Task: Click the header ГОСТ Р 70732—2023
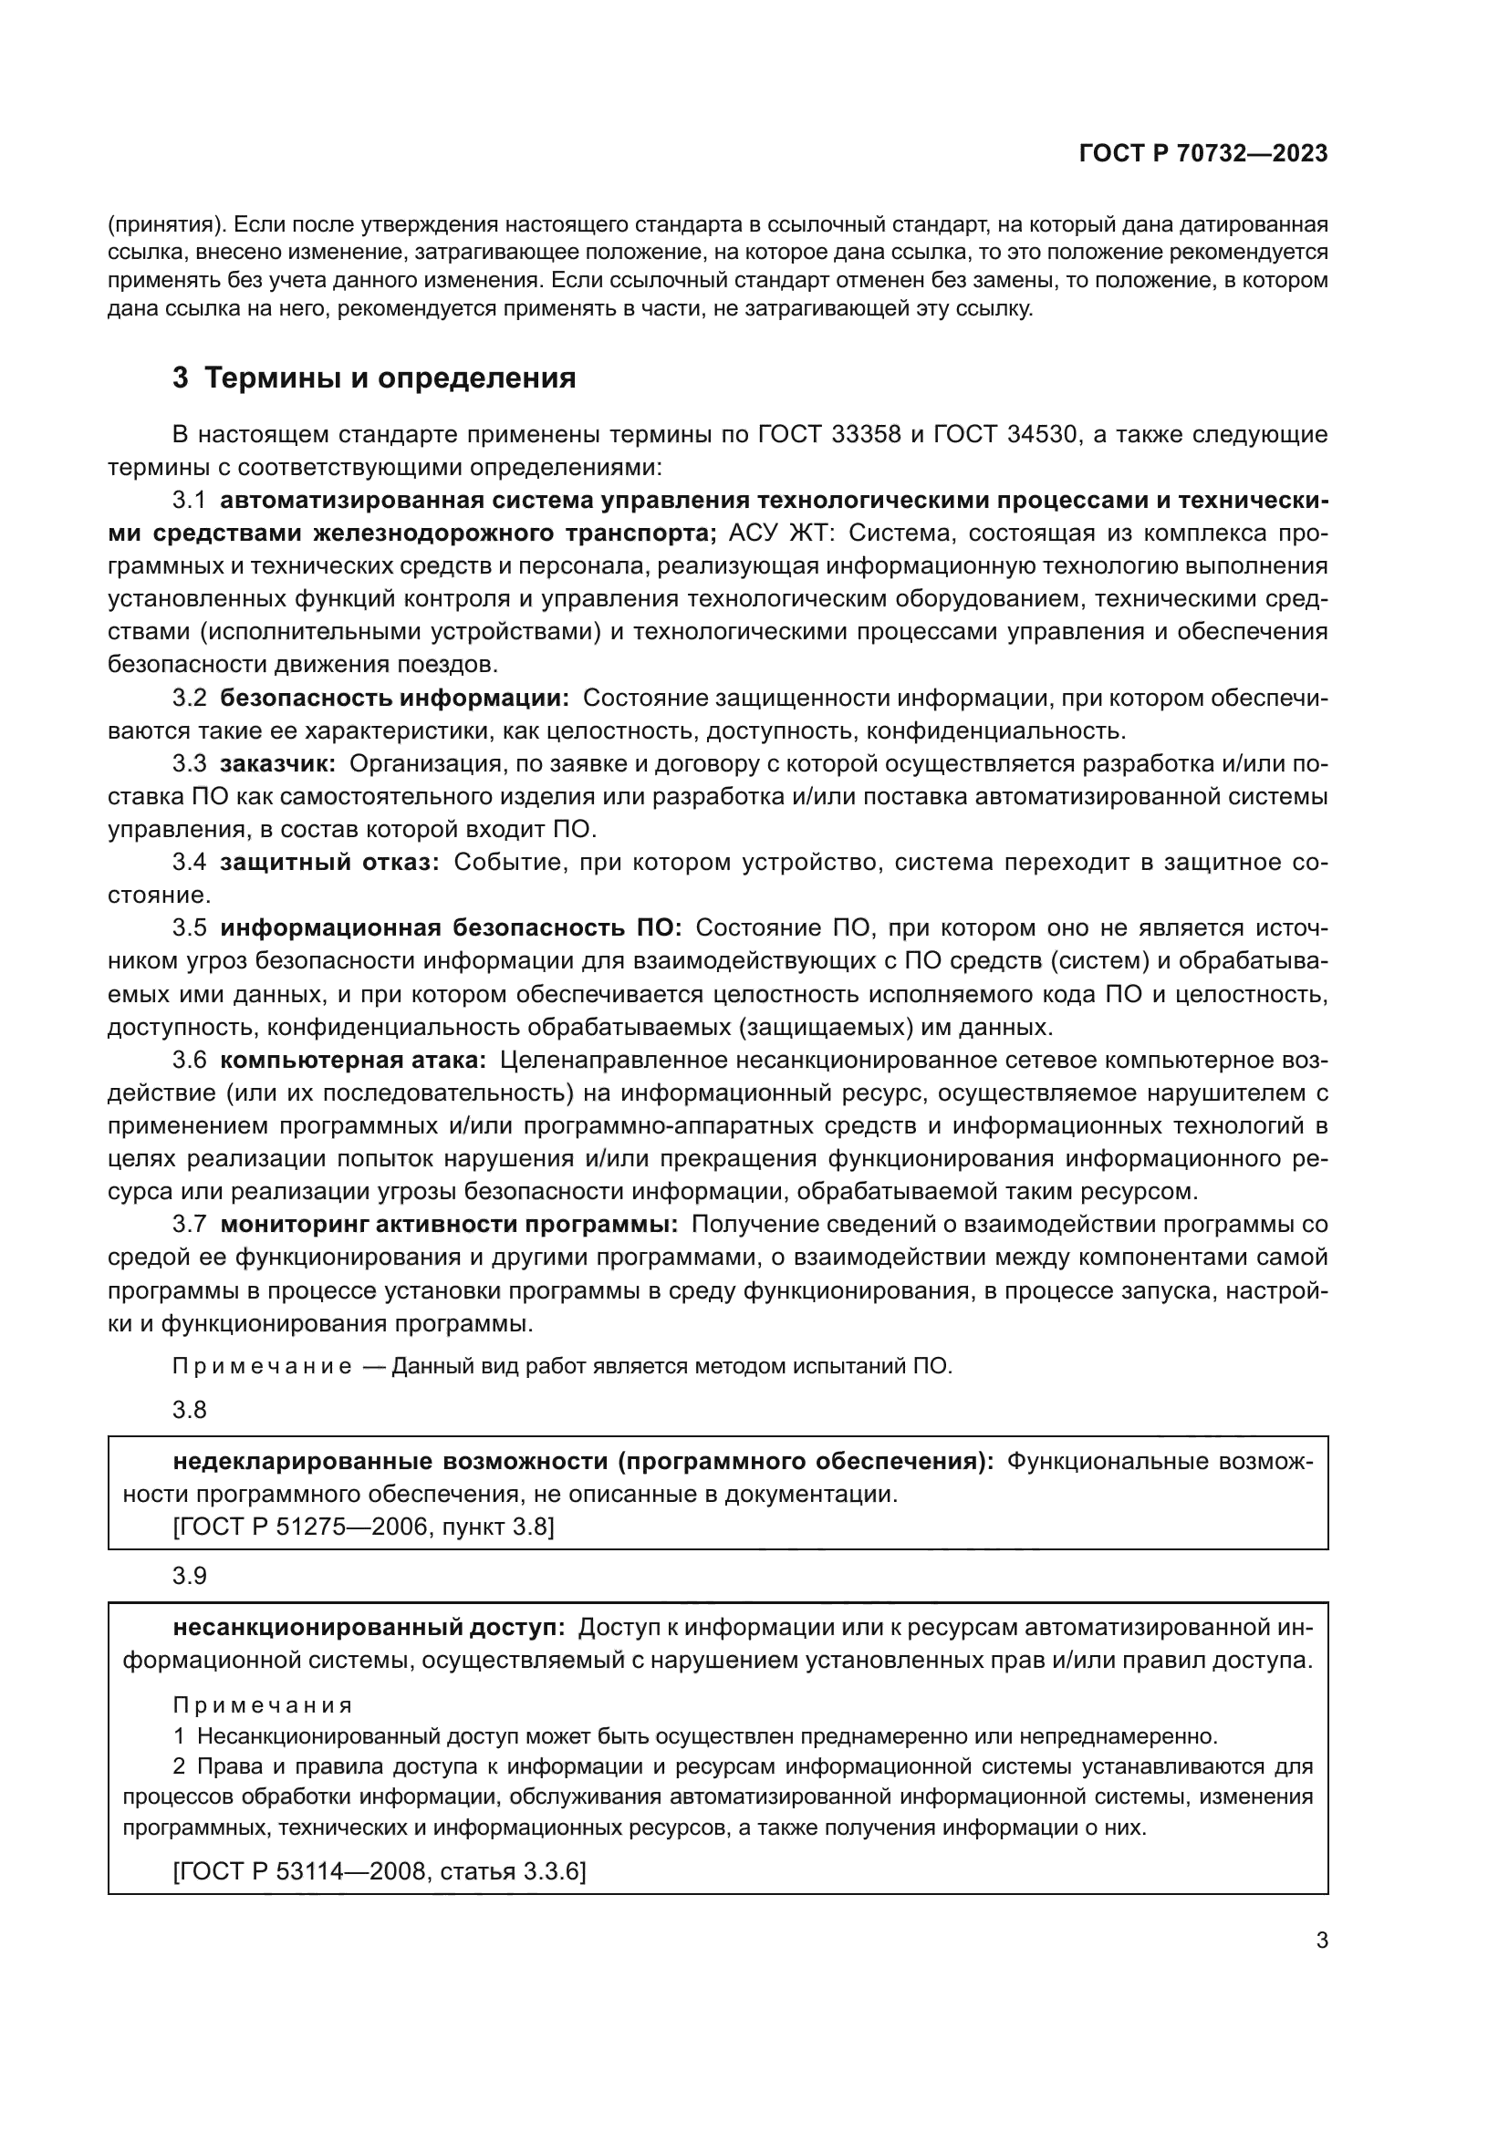click(x=1202, y=153)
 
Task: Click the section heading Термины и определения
click(x=390, y=378)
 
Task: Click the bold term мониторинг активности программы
click(x=449, y=1225)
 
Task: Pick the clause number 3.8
click(x=189, y=1409)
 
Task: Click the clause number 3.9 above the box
click(x=189, y=1576)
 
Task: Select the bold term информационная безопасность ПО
click(x=451, y=928)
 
